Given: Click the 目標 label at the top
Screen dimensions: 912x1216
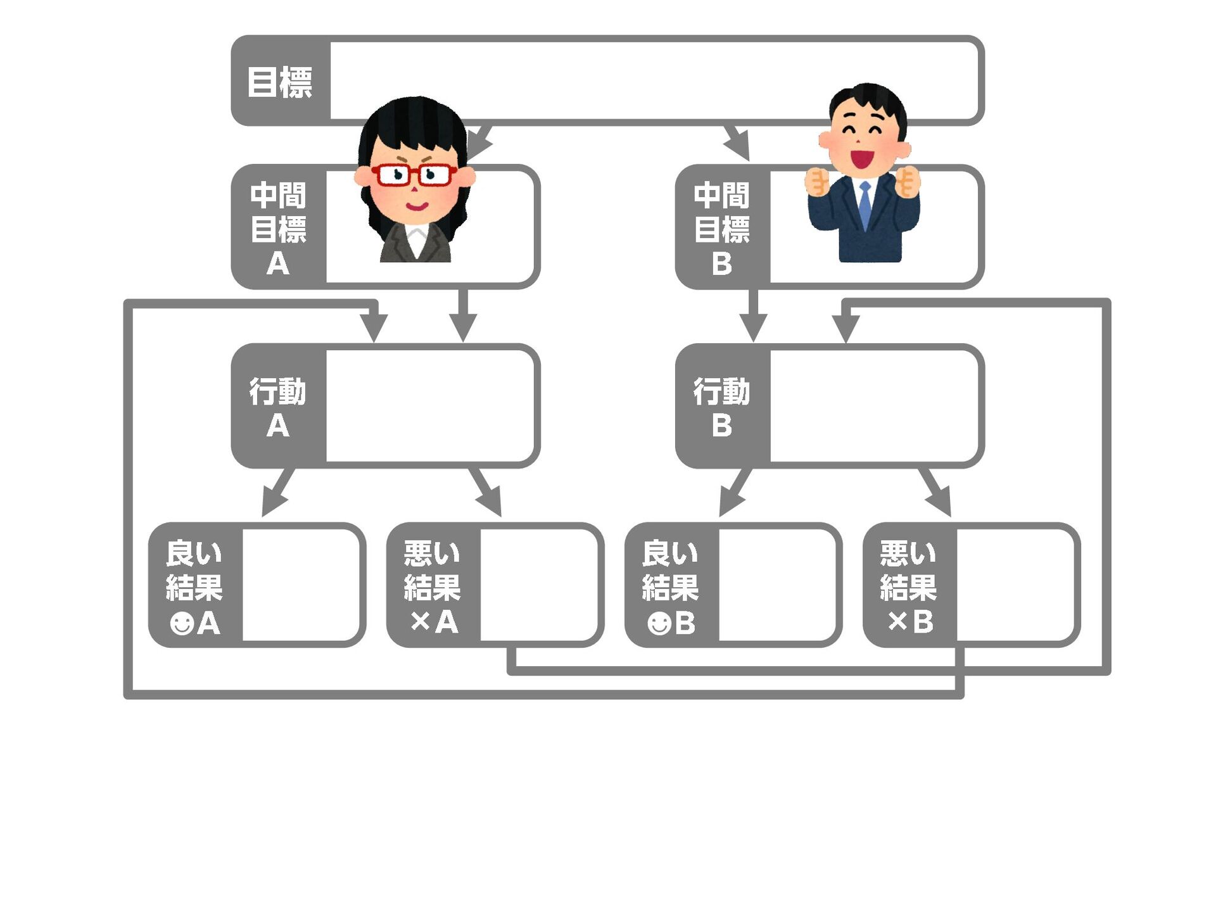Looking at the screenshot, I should (279, 82).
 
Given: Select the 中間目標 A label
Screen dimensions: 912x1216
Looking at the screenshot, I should (278, 228).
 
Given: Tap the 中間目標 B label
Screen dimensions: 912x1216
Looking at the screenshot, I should (722, 228).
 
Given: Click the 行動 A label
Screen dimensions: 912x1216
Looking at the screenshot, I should (278, 407).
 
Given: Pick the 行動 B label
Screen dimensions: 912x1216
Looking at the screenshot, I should (722, 407).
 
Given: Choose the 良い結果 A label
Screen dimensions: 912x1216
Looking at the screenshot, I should (194, 586).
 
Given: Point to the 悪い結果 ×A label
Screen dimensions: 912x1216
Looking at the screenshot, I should (433, 586).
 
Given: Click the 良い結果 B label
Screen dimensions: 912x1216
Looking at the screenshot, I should (671, 586).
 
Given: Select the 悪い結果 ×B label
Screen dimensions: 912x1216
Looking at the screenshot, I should (909, 586).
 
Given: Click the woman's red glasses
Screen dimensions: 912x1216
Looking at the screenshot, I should (414, 174).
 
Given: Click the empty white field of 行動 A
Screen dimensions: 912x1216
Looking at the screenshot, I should (431, 407).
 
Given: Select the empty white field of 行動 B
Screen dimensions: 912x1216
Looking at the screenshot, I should (875, 407).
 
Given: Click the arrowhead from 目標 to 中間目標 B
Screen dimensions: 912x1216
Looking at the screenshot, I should (740, 148).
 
